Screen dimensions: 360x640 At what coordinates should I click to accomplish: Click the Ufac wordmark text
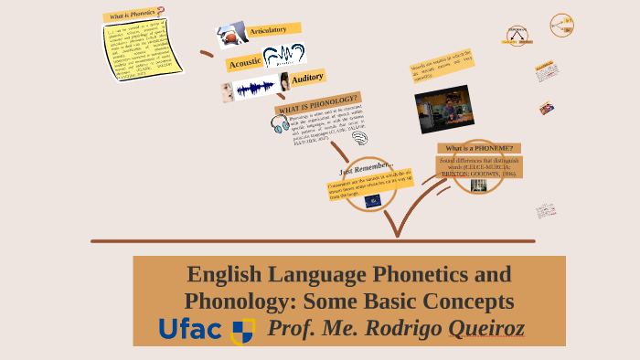190,329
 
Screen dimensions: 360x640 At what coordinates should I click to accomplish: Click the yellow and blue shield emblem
242,331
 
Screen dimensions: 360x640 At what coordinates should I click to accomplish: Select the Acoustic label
244,62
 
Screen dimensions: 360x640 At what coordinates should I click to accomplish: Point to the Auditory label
307,78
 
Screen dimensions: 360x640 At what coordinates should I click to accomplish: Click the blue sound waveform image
255,88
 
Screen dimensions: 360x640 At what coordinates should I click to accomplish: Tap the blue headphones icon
278,125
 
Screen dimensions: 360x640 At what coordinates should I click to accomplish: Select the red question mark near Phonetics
161,12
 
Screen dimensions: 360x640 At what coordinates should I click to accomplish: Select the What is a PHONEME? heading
479,148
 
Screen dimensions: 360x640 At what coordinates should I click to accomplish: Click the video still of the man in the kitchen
444,109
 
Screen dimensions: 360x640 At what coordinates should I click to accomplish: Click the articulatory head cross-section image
232,36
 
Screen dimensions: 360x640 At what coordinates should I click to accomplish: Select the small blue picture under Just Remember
373,200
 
